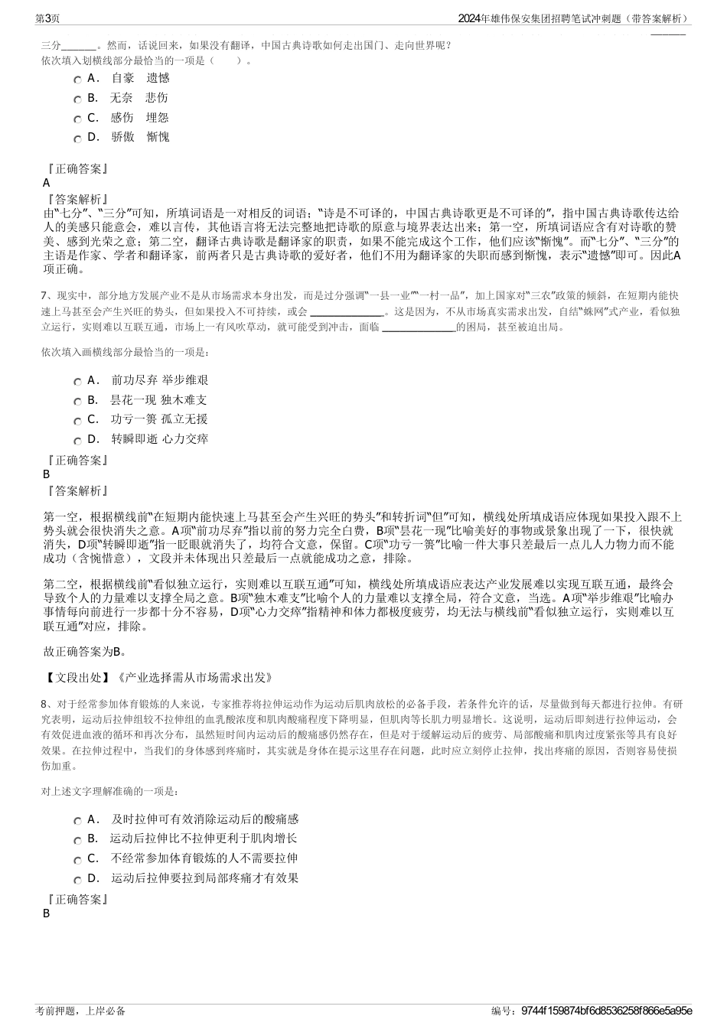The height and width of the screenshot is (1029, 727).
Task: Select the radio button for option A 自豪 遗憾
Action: [x=78, y=80]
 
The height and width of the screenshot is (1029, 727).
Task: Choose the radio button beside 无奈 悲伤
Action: [x=78, y=99]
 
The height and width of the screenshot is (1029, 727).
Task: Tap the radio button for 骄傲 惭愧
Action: [x=78, y=138]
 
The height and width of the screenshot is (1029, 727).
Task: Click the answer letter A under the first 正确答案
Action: [x=47, y=183]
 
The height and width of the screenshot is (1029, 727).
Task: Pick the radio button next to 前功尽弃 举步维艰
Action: [x=78, y=382]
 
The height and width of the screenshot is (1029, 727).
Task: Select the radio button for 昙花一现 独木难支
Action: [x=78, y=402]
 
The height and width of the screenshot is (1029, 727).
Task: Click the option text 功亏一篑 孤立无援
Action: [x=159, y=419]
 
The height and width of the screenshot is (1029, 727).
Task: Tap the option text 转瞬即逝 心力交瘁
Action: [x=159, y=439]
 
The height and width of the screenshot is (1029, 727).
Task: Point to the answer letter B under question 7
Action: [x=47, y=474]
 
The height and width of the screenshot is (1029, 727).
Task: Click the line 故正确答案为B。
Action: [x=86, y=652]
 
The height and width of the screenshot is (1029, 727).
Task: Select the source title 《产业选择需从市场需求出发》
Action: [x=193, y=677]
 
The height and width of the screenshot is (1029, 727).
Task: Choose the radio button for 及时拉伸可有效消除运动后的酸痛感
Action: [x=78, y=821]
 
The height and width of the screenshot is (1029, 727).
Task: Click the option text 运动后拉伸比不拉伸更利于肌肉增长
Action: [x=204, y=839]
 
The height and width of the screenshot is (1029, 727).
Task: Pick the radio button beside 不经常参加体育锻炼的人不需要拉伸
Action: [x=78, y=860]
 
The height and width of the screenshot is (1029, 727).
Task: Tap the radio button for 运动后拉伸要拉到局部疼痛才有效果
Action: [x=78, y=880]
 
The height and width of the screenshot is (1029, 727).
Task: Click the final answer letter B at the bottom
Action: [x=47, y=913]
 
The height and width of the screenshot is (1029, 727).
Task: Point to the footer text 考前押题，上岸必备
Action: [x=80, y=1011]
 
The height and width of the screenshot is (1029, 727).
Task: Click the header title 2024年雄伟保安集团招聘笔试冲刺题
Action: [x=551, y=18]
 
